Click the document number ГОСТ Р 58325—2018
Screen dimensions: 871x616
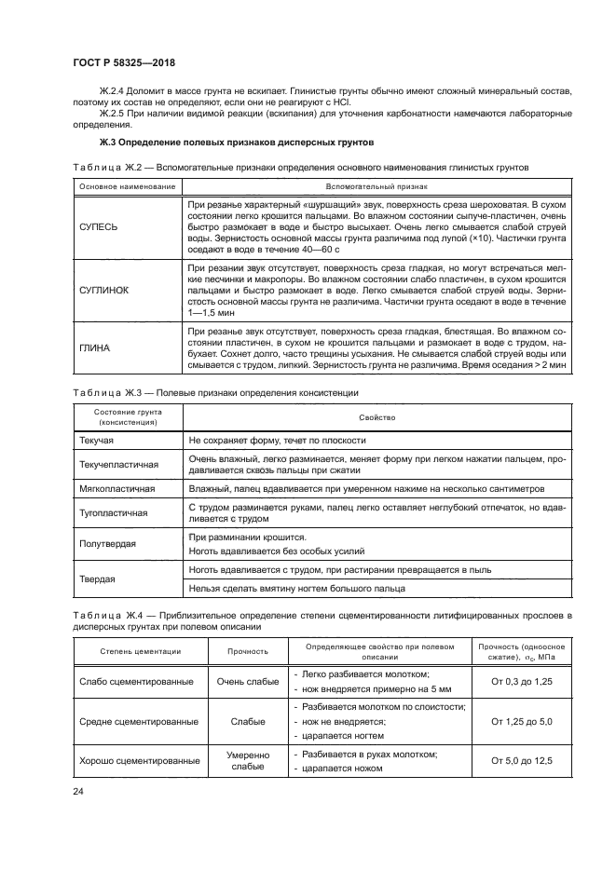click(x=123, y=63)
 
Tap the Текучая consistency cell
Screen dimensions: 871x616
click(x=94, y=440)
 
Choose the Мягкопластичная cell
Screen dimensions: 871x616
click(x=116, y=488)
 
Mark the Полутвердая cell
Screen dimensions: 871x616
click(x=105, y=544)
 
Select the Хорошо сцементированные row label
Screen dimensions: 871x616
click(x=136, y=760)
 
